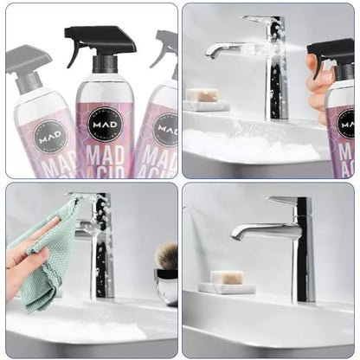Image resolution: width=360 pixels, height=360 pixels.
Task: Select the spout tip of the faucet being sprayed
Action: click(211, 53)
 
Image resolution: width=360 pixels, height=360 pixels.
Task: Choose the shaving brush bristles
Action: click(166, 256)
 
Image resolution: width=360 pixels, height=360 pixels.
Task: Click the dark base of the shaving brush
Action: click(166, 286)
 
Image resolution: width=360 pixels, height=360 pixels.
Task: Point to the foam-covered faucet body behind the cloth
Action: click(102, 251)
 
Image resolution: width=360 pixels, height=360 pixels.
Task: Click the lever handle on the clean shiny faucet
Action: click(283, 201)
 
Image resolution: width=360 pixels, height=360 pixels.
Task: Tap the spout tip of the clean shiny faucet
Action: click(236, 236)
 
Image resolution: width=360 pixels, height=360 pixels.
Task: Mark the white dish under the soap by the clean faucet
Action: click(228, 287)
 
